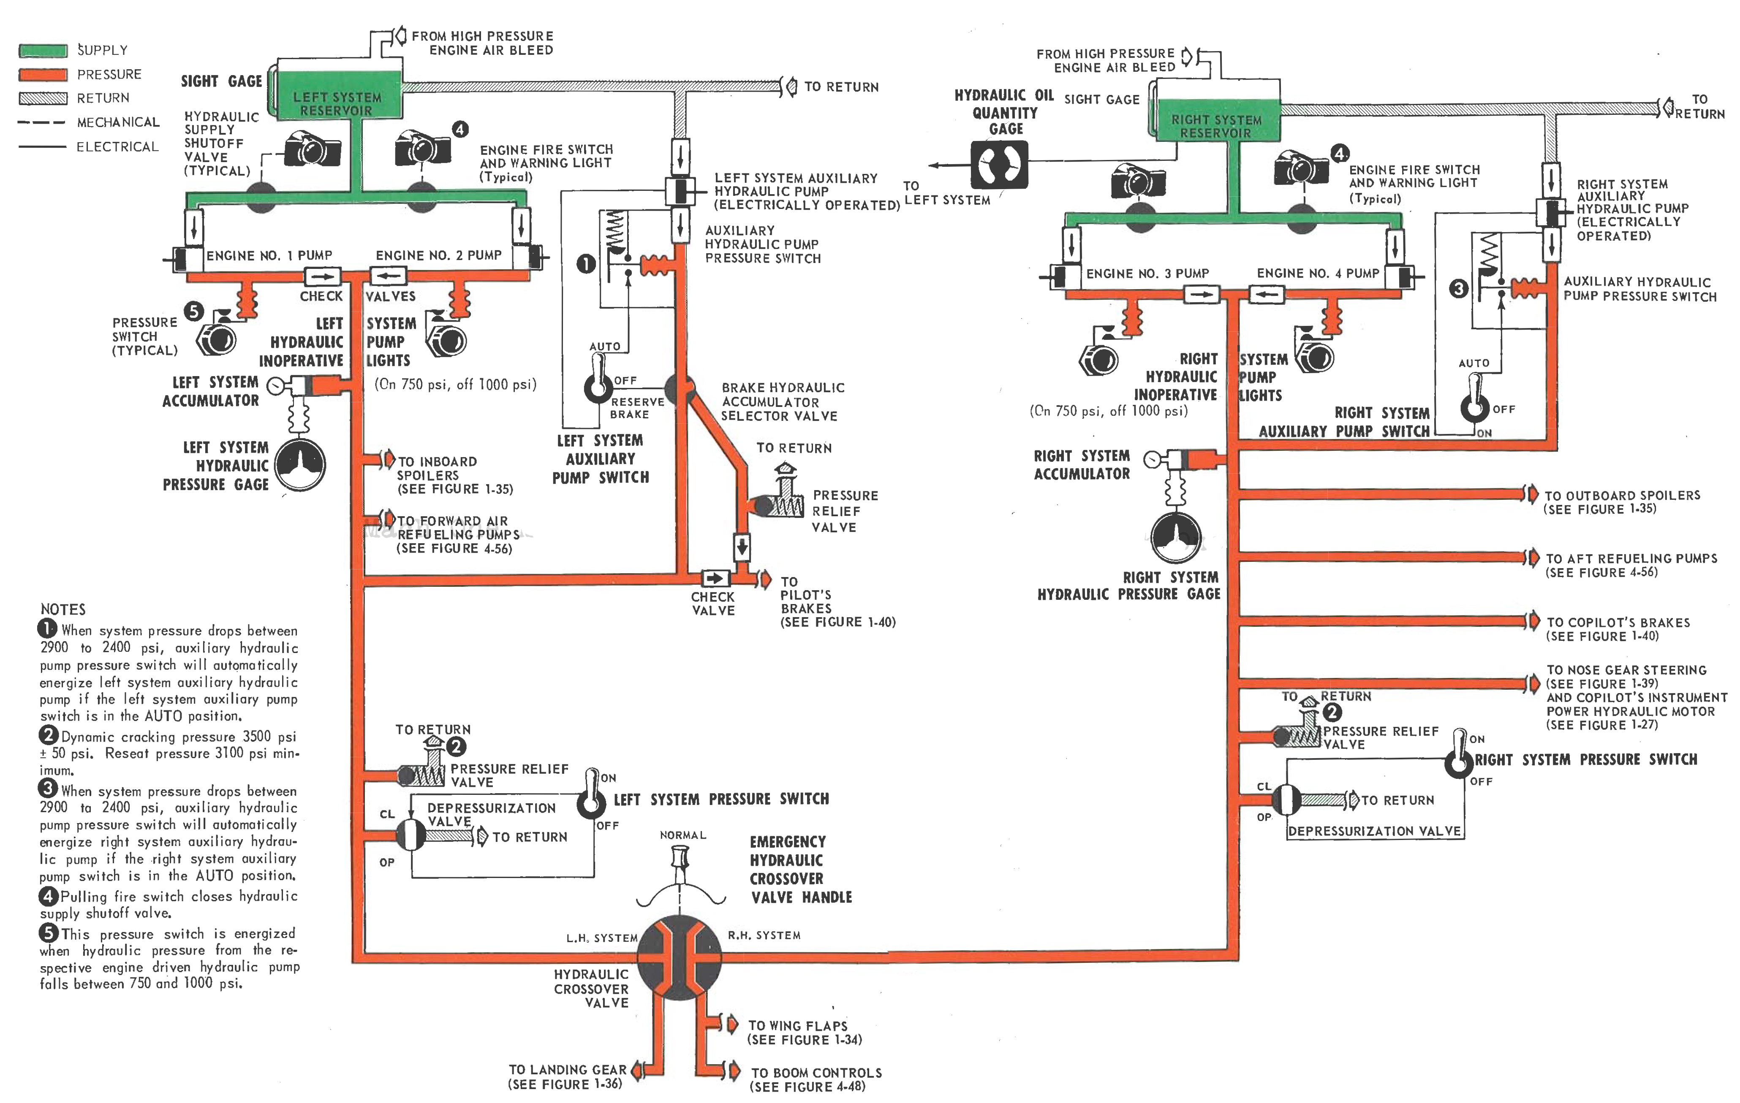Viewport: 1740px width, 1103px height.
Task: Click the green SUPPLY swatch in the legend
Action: pyautogui.click(x=43, y=50)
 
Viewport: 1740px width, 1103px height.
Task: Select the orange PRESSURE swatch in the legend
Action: pyautogui.click(x=43, y=74)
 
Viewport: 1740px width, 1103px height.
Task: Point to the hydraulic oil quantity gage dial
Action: pyautogui.click(x=999, y=165)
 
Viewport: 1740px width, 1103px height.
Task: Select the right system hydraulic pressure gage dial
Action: pyautogui.click(x=1176, y=537)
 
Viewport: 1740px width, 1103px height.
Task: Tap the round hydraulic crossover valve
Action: pyautogui.click(x=679, y=959)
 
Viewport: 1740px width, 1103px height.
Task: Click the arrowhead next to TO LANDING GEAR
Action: pyautogui.click(x=637, y=1070)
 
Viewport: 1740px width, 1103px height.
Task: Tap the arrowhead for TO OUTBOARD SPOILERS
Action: pyautogui.click(x=1531, y=494)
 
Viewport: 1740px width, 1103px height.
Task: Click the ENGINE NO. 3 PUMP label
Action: pyautogui.click(x=1147, y=274)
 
